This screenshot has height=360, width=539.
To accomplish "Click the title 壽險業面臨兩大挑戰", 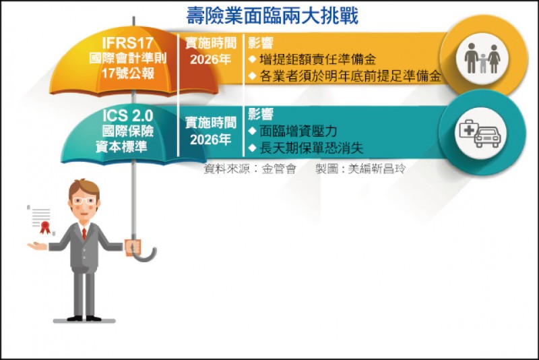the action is tap(272, 16).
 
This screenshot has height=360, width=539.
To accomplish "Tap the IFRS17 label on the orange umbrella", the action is tap(127, 43).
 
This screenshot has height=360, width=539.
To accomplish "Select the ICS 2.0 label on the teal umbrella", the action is tap(127, 116).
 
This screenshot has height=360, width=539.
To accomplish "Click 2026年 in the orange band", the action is tap(210, 59).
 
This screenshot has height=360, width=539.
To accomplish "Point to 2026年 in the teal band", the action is tap(210, 140).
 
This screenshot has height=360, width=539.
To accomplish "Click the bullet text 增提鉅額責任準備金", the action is tap(317, 59).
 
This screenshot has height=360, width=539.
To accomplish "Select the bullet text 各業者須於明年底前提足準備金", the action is tap(350, 76).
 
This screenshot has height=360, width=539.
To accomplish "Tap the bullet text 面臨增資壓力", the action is tap(298, 131).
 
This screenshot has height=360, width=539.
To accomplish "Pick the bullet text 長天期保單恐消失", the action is tap(311, 148).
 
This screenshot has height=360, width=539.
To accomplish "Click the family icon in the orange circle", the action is tap(482, 59).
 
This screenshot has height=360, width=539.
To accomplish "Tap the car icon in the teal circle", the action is tap(488, 138).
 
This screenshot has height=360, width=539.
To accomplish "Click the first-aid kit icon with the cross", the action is tap(468, 129).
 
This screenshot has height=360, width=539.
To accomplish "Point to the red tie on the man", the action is tap(84, 234).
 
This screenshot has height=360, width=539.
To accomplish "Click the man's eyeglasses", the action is tap(84, 201).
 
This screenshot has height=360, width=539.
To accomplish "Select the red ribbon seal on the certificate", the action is tap(45, 227).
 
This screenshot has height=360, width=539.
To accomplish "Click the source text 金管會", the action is tap(279, 169).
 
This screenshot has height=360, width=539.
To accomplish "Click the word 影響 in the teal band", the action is tap(261, 114).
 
